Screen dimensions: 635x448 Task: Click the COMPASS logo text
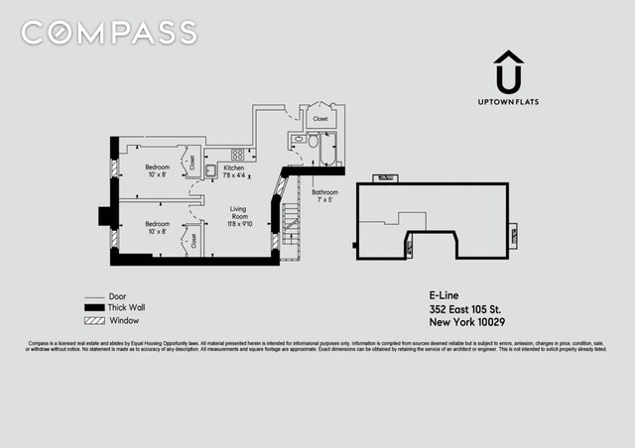pos(109,33)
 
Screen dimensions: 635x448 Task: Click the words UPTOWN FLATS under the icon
pos(509,102)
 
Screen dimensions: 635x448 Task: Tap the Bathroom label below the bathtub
pos(324,194)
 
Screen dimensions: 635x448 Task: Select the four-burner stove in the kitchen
pos(238,155)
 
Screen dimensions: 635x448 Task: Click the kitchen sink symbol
pos(211,170)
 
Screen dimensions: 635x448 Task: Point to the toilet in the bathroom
pos(297,142)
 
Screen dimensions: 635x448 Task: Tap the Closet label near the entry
pos(320,119)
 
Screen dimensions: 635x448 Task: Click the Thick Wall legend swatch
pos(95,308)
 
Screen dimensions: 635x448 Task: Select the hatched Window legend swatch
pos(95,320)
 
